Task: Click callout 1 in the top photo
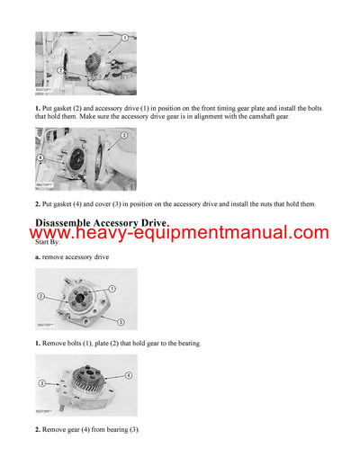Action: pos(109,44)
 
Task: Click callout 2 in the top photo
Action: pos(60,69)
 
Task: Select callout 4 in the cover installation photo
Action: pos(41,157)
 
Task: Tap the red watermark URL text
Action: pos(179,234)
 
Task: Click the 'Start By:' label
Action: pos(49,242)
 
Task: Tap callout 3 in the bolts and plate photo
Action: pos(121,321)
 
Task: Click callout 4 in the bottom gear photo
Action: pos(129,374)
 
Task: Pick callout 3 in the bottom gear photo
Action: pos(41,383)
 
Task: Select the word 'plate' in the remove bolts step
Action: pos(102,344)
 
